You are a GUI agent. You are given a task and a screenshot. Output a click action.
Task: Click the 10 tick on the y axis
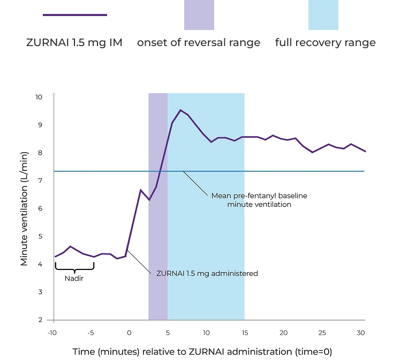point(39,97)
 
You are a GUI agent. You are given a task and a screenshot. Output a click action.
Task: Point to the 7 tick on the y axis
point(39,181)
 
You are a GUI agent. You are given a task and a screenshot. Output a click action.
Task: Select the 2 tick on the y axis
point(39,320)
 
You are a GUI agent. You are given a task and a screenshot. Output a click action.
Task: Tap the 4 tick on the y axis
point(39,264)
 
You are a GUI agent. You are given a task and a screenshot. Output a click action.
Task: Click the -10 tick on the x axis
point(52,333)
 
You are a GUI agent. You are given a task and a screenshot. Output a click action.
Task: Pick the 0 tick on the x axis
point(129,333)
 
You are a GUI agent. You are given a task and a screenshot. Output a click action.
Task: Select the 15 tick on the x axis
point(245,333)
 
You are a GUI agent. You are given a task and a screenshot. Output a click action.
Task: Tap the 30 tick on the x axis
point(360,333)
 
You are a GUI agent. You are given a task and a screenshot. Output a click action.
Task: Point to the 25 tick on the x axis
point(322,333)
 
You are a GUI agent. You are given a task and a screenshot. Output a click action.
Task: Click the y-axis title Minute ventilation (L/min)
point(24,208)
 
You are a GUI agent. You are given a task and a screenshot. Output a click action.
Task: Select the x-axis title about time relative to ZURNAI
point(202,352)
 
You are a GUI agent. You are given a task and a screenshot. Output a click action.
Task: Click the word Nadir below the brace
point(74,279)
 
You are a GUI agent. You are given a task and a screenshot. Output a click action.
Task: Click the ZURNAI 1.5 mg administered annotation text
point(207,273)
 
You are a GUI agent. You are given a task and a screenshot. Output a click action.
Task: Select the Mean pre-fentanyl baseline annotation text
point(259,200)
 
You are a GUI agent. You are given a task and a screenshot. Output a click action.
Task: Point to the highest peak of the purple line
point(181,110)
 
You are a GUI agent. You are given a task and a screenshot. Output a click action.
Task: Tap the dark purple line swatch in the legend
point(75,15)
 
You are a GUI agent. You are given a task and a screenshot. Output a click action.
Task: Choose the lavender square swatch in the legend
point(199,15)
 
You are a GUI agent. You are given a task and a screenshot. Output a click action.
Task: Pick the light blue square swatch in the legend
point(323,15)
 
